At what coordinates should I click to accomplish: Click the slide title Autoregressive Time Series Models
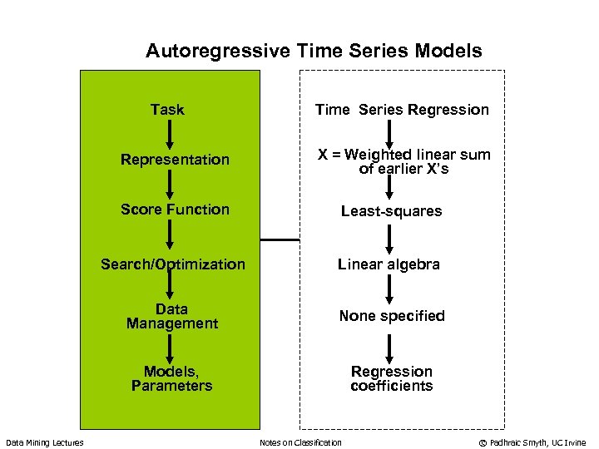pyautogui.click(x=314, y=51)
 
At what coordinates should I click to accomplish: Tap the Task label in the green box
pyautogui.click(x=167, y=110)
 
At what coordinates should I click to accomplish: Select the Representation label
pyautogui.click(x=175, y=160)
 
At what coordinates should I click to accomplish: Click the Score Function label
pyautogui.click(x=175, y=210)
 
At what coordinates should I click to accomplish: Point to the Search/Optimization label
pyautogui.click(x=173, y=264)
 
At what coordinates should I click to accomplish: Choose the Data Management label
pyautogui.click(x=171, y=316)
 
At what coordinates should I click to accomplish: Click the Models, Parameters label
pyautogui.click(x=171, y=378)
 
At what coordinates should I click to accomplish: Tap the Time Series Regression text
pyautogui.click(x=402, y=110)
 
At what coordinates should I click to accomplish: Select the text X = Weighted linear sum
pyautogui.click(x=404, y=155)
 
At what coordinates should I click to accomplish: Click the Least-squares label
pyautogui.click(x=391, y=211)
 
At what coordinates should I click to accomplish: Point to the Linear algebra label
pyautogui.click(x=389, y=264)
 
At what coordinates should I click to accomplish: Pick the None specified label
pyautogui.click(x=391, y=316)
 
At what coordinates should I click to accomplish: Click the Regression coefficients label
pyautogui.click(x=391, y=378)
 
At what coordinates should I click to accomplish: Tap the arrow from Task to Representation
pyautogui.click(x=169, y=134)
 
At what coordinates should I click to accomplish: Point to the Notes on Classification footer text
pyautogui.click(x=300, y=442)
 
